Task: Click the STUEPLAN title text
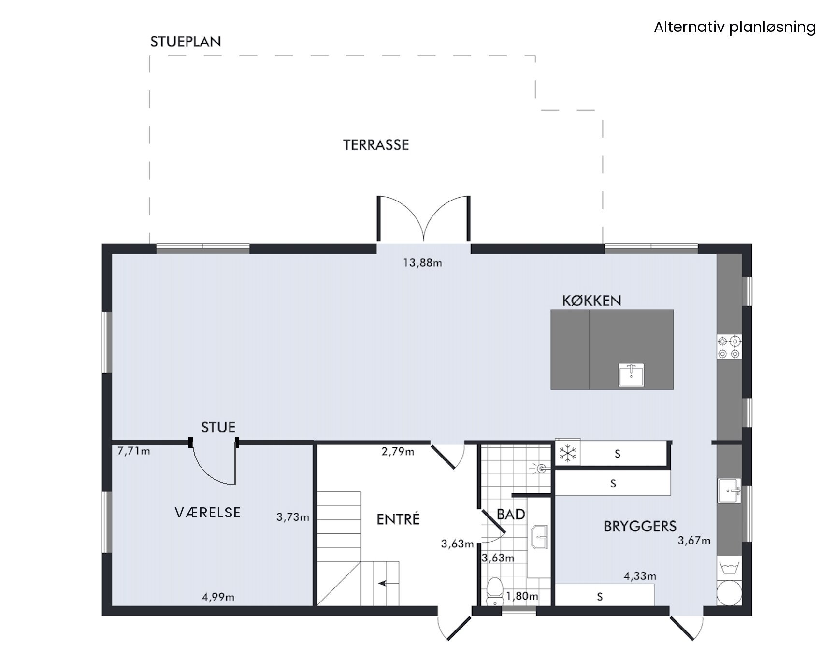[186, 42]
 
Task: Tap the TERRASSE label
[376, 145]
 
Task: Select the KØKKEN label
[591, 301]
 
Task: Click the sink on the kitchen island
[632, 375]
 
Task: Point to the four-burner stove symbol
[729, 347]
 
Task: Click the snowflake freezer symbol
[568, 453]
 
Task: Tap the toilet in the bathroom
[495, 592]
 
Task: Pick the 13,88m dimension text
[422, 263]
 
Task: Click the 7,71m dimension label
[134, 451]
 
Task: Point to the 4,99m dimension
[218, 597]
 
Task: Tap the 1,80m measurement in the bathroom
[522, 596]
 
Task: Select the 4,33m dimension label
[640, 576]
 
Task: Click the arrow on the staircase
[385, 583]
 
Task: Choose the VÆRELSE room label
[208, 512]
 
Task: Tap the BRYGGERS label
[640, 526]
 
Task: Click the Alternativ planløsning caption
[735, 27]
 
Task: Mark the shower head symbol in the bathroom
[541, 468]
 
